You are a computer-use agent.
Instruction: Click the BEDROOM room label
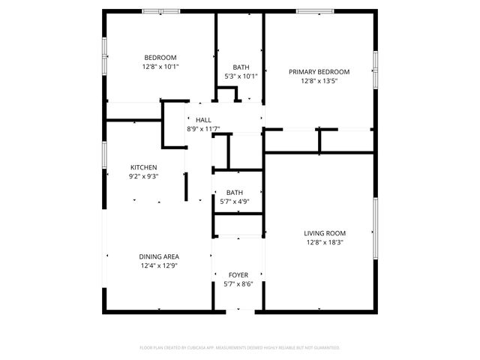click(x=160, y=58)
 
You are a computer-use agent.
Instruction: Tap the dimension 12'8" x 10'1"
click(x=160, y=67)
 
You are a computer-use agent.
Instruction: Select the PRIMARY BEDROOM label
click(x=319, y=72)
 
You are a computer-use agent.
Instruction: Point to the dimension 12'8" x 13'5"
click(x=319, y=81)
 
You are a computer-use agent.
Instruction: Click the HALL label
click(x=203, y=119)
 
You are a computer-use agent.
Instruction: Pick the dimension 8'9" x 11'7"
click(x=203, y=128)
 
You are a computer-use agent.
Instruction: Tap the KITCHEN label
click(x=143, y=167)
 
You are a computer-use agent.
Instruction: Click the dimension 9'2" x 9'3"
click(x=143, y=176)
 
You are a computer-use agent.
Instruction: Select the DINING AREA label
click(x=158, y=256)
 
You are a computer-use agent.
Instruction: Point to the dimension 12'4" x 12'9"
click(x=158, y=265)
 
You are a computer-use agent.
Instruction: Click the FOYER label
click(x=238, y=275)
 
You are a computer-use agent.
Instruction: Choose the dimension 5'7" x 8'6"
click(x=238, y=284)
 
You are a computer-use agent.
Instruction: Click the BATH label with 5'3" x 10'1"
click(x=241, y=67)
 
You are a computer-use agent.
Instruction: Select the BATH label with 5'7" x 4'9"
click(x=235, y=192)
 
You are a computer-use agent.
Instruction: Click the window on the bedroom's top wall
click(x=161, y=11)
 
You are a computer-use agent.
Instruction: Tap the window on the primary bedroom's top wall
click(x=315, y=11)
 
